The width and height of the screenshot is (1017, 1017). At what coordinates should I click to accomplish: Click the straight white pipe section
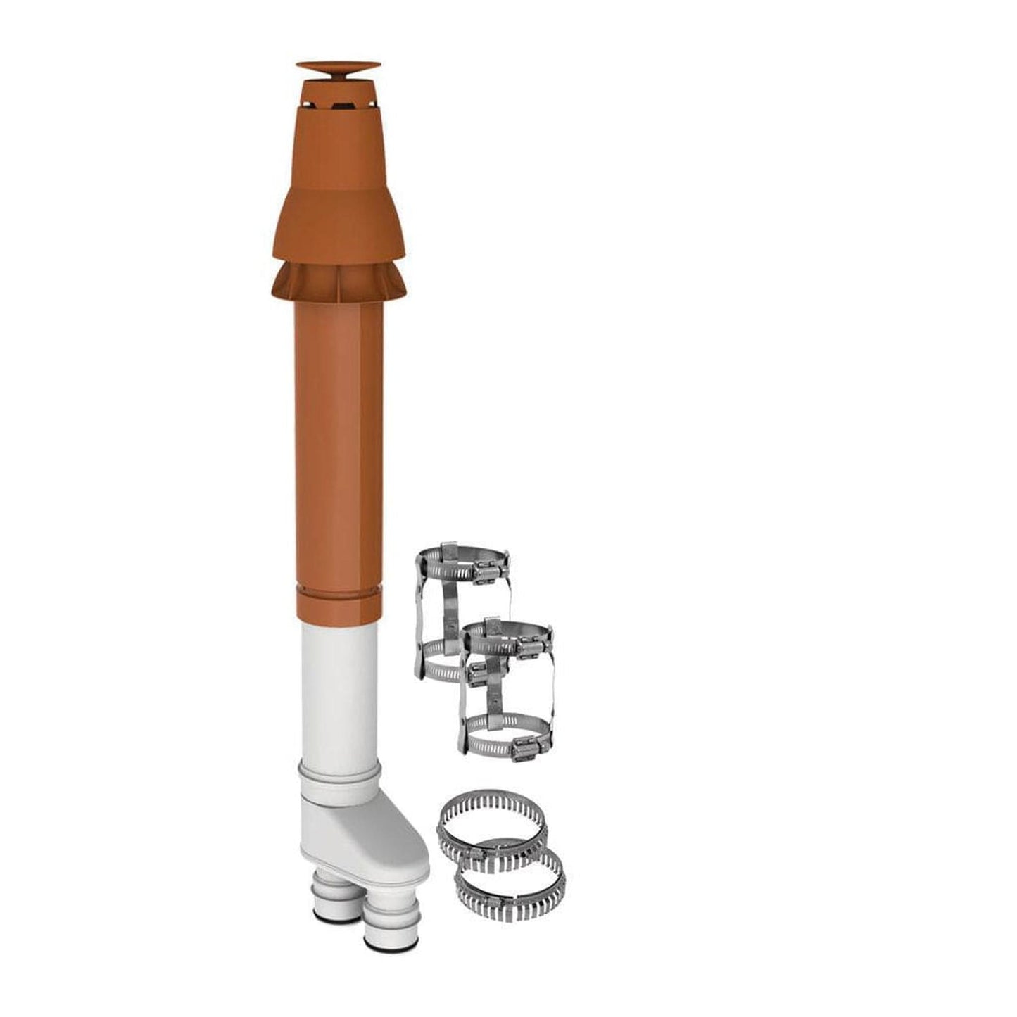point(339,690)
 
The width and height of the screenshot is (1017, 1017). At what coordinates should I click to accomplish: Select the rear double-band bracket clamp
point(443,605)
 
